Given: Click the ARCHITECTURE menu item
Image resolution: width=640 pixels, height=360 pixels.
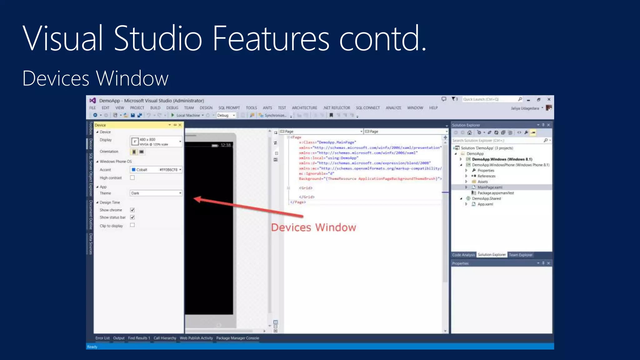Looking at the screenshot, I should (304, 108).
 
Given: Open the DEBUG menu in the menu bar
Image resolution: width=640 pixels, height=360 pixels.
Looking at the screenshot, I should (172, 108).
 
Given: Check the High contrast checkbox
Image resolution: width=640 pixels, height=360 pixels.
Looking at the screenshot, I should (132, 178).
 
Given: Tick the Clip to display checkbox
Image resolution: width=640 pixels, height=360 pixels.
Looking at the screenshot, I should (132, 225).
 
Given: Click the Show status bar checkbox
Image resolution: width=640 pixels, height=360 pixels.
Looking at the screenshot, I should (132, 217).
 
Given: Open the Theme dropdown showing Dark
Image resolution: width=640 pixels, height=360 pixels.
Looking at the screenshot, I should (156, 193).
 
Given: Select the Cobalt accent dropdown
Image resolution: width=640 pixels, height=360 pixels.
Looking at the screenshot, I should (156, 170).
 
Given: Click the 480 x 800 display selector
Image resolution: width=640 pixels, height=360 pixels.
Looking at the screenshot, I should (156, 142).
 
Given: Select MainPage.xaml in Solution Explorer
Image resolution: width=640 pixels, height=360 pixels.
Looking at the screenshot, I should (490, 187).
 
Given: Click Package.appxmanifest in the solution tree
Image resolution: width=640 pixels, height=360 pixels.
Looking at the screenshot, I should (495, 193).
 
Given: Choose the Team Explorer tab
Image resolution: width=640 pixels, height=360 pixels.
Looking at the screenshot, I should (520, 255).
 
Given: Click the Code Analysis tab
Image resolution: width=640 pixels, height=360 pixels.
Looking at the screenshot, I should (463, 255).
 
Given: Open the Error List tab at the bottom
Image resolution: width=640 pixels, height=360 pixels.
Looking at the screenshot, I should (102, 338).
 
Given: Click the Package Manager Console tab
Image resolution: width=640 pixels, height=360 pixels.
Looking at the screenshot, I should (237, 338).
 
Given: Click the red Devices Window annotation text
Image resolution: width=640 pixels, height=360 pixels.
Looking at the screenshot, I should (313, 227).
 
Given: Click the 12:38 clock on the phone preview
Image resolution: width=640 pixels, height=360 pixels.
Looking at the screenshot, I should (225, 145).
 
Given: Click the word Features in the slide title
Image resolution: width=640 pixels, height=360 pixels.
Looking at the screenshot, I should (271, 38).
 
